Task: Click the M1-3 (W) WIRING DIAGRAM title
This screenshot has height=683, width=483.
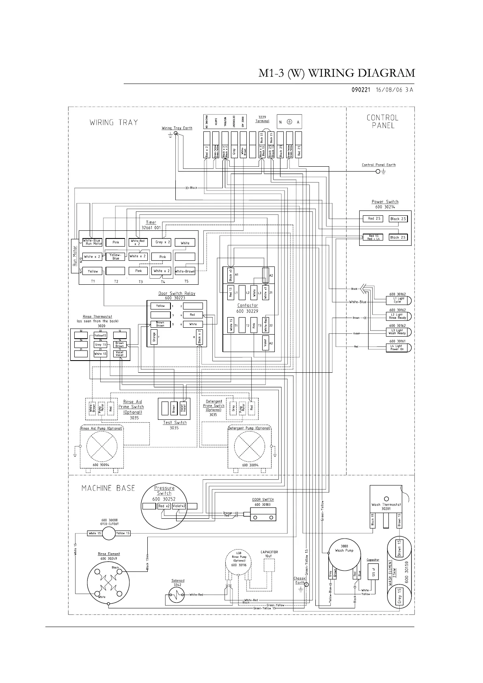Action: tap(337, 73)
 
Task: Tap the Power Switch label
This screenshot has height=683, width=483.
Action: tap(385, 202)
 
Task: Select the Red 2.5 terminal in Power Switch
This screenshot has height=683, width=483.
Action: tap(374, 219)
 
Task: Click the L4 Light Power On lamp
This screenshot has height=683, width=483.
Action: tap(398, 348)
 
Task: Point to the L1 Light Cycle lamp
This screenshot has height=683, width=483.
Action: tap(398, 300)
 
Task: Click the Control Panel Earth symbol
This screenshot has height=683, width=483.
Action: tap(379, 172)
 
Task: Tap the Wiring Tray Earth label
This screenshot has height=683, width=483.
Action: tap(177, 128)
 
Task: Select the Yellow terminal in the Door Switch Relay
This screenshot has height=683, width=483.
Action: tap(160, 306)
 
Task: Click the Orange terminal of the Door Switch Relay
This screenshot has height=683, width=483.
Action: tap(153, 337)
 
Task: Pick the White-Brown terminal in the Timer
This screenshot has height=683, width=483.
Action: tap(185, 271)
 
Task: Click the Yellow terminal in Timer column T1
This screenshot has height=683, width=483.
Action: tap(93, 271)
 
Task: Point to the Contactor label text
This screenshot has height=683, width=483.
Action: tap(248, 305)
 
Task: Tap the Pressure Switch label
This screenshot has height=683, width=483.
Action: tap(164, 490)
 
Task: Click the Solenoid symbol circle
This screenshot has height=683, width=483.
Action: tap(177, 595)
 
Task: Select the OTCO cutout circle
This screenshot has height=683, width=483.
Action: tap(109, 533)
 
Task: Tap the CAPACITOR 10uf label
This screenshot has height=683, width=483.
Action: tap(269, 554)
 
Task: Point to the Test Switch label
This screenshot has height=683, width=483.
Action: tap(175, 423)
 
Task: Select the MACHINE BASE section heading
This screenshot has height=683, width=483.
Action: tap(108, 488)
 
